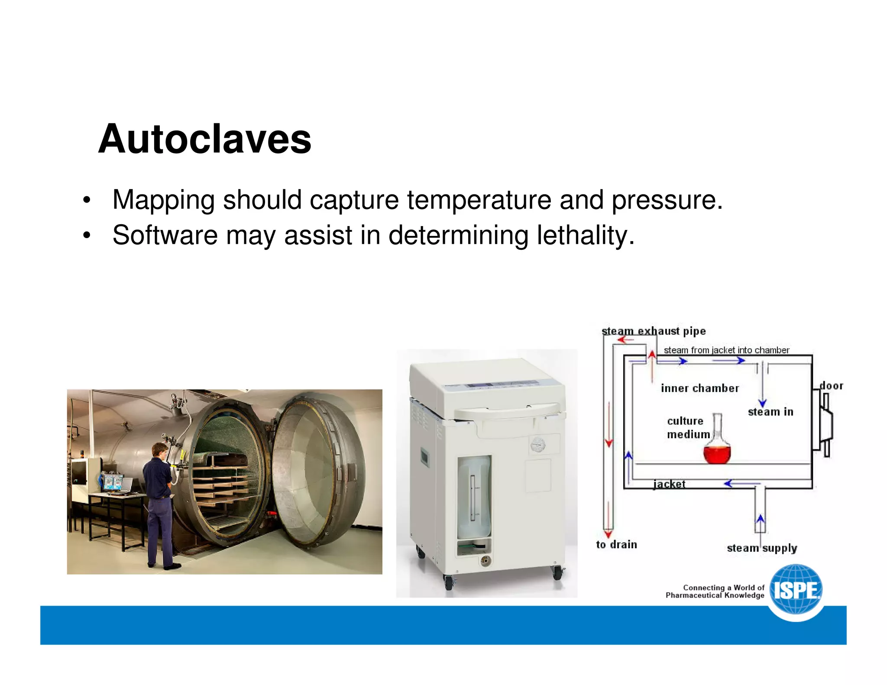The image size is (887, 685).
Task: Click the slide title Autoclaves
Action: click(x=204, y=139)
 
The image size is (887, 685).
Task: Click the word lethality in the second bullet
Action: click(x=585, y=236)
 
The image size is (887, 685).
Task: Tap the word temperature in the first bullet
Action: click(x=479, y=200)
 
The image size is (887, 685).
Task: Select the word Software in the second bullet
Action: click(x=165, y=236)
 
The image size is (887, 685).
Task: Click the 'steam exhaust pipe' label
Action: click(x=654, y=331)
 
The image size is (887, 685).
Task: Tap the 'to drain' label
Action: click(x=616, y=545)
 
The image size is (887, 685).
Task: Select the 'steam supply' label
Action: click(x=762, y=548)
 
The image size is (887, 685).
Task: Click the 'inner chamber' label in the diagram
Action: click(x=700, y=388)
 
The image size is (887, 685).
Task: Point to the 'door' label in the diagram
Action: click(x=832, y=386)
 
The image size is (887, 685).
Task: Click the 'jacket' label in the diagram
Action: click(x=669, y=484)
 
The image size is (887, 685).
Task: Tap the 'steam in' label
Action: click(x=770, y=412)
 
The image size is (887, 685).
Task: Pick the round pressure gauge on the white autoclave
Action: click(x=538, y=444)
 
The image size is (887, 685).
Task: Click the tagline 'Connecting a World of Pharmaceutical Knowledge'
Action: click(x=715, y=591)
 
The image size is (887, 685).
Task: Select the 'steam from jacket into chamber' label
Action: click(x=726, y=350)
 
